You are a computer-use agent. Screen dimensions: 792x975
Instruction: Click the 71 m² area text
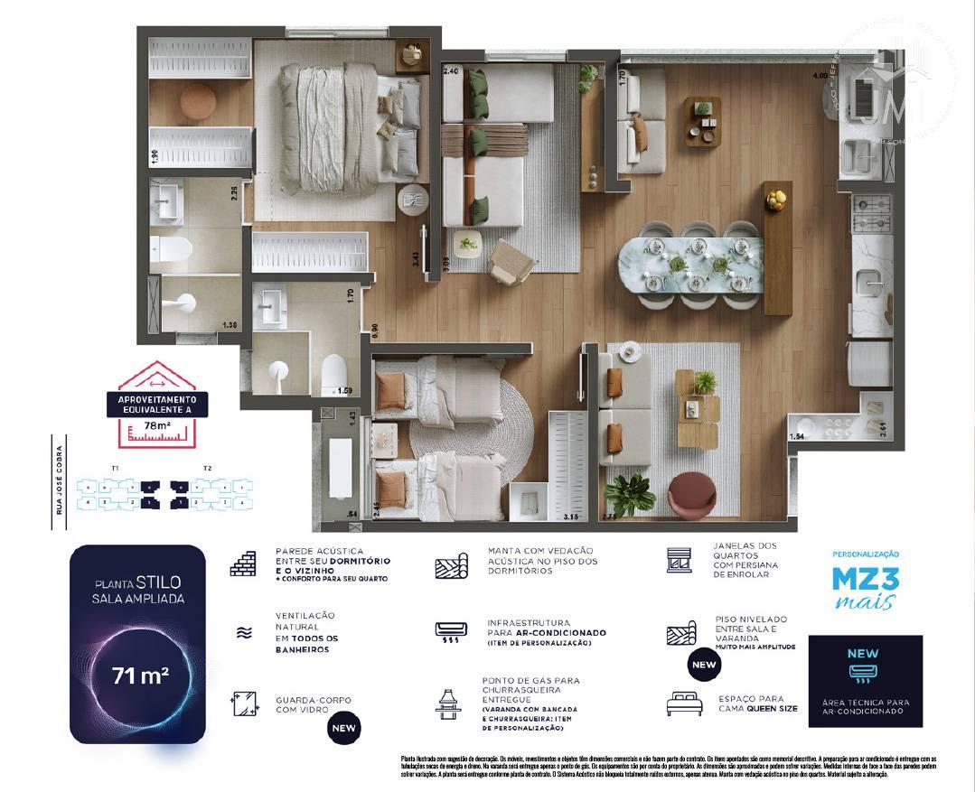click(139, 675)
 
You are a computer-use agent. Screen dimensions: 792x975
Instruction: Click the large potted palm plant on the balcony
click(630, 493)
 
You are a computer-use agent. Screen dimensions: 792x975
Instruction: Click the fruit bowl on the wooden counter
click(775, 196)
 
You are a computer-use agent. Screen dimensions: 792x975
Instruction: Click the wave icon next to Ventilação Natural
click(243, 633)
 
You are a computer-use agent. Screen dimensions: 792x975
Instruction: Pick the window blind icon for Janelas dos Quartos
click(679, 560)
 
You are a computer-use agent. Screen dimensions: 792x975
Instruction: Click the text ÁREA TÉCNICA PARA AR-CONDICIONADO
click(865, 706)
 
